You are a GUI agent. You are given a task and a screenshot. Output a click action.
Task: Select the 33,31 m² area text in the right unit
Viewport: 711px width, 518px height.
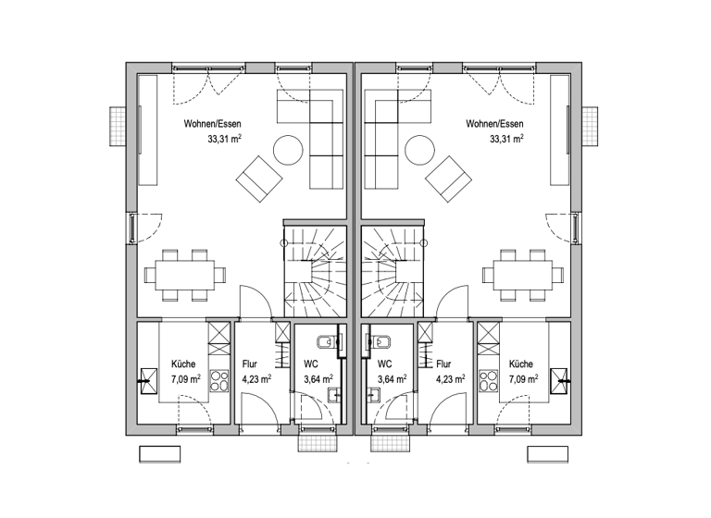click(x=505, y=140)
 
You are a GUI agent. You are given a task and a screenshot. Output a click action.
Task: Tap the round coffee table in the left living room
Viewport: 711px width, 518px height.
click(x=287, y=150)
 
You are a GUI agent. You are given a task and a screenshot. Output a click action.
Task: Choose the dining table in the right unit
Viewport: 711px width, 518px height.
click(x=520, y=275)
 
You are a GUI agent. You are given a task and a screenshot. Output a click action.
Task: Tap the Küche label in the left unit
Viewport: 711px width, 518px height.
click(x=183, y=364)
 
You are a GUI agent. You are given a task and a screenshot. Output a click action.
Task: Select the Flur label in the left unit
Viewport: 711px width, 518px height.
click(x=249, y=364)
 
